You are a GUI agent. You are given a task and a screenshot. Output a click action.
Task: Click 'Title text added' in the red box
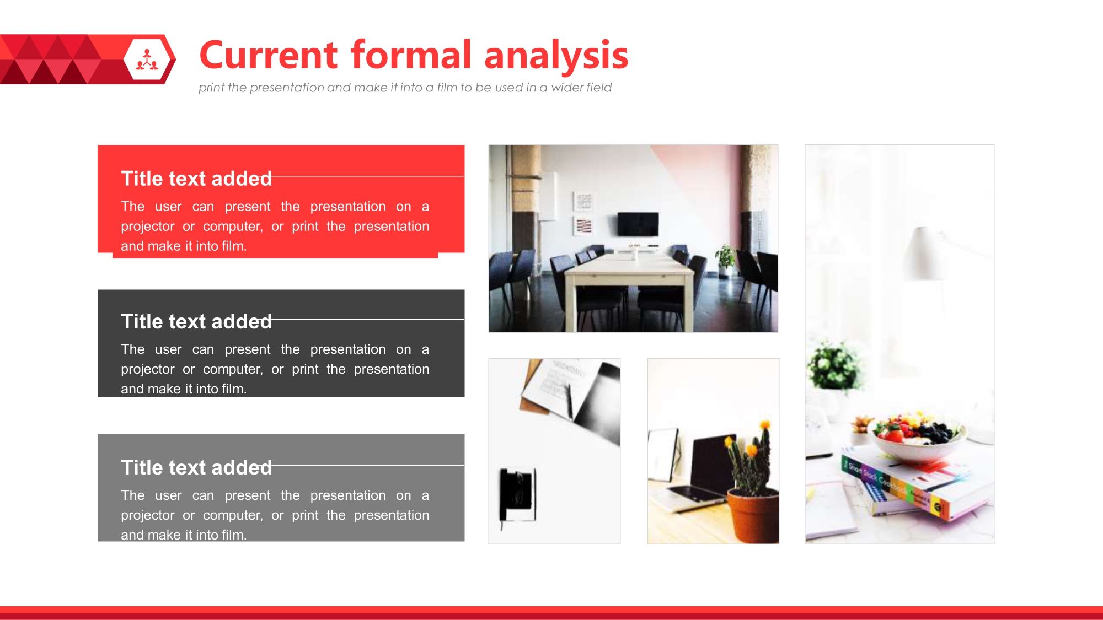(x=196, y=179)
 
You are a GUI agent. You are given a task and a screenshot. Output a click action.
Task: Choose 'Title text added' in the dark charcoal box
(x=196, y=321)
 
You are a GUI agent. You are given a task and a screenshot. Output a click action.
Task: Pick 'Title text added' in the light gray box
(x=196, y=467)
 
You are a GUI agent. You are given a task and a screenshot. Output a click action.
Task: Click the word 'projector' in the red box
(x=148, y=227)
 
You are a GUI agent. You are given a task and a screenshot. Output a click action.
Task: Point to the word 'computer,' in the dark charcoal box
(x=233, y=369)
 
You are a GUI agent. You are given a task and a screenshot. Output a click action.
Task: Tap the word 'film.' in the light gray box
(x=234, y=535)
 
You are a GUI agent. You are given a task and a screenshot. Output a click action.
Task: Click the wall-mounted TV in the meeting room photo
(x=638, y=224)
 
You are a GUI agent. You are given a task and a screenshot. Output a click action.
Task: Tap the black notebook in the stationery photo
(x=518, y=495)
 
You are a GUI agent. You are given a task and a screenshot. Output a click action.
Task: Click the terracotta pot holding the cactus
(x=752, y=516)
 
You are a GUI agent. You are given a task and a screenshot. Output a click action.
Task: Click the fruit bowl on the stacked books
(x=916, y=436)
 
